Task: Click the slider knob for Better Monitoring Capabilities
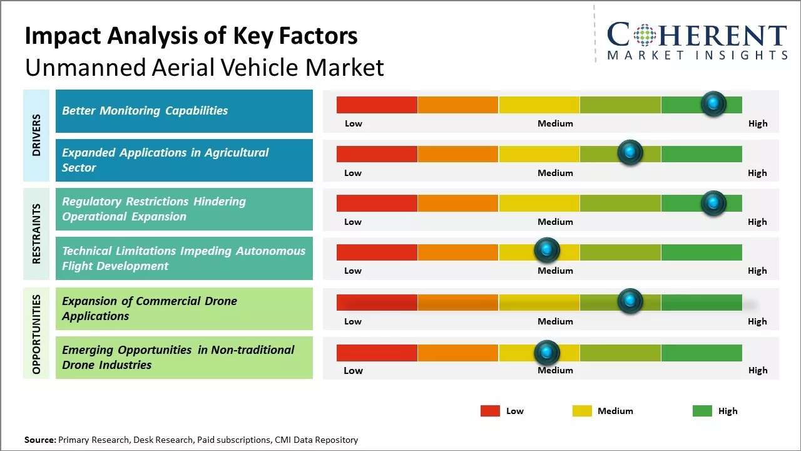point(713,103)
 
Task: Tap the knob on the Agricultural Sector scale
point(630,152)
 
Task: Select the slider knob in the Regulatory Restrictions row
point(713,203)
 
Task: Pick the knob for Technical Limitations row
point(547,250)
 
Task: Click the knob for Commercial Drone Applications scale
point(630,301)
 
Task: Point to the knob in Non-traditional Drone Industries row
point(547,353)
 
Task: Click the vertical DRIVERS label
point(36,135)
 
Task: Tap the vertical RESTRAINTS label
point(36,234)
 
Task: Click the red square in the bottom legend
point(490,411)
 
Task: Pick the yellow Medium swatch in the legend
point(582,411)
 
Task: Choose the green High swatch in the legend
point(702,411)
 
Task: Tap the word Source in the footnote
point(39,440)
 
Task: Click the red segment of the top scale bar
point(377,105)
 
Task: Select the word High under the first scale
point(757,123)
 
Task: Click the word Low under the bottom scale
point(353,370)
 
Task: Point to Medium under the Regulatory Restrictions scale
point(555,222)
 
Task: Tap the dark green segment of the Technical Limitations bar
point(702,252)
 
